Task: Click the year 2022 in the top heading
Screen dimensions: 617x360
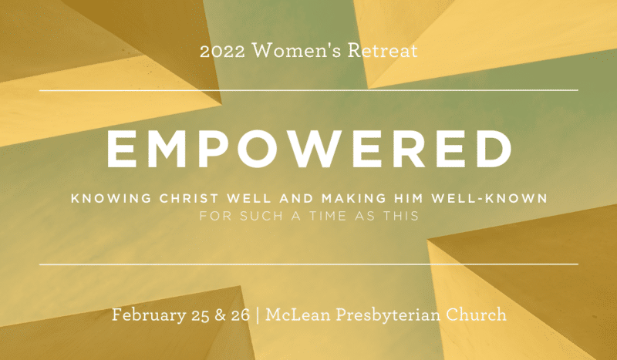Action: click(222, 51)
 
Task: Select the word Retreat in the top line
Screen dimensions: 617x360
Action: click(382, 50)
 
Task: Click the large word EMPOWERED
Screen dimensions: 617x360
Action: click(309, 148)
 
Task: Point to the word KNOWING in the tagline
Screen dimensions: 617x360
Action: click(111, 198)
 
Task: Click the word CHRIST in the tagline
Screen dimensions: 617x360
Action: click(189, 198)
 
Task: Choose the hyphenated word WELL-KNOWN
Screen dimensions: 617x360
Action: click(489, 198)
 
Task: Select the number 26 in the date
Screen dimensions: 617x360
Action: click(240, 315)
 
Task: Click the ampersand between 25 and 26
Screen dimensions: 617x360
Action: click(220, 315)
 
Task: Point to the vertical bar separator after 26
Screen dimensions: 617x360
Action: click(258, 315)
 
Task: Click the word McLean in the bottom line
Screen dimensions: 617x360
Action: click(298, 315)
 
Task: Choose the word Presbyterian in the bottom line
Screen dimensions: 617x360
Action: click(388, 315)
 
